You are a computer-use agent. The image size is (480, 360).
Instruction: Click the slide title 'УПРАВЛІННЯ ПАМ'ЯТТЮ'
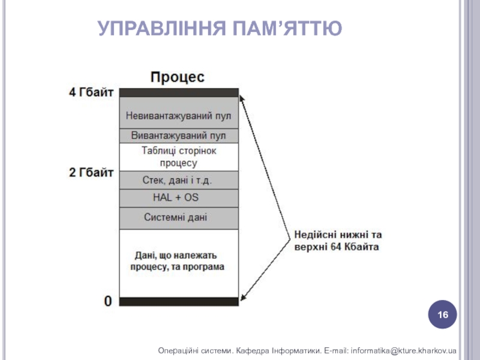[220, 28]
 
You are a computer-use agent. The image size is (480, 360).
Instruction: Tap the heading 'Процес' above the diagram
[177, 77]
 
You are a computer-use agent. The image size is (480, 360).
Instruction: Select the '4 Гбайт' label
[91, 93]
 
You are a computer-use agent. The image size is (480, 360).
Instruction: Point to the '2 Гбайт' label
[91, 173]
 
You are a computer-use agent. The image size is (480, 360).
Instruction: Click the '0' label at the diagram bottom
[108, 301]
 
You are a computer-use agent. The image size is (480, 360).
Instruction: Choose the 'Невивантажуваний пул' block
[179, 115]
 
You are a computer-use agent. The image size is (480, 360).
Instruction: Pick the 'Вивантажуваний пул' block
[179, 136]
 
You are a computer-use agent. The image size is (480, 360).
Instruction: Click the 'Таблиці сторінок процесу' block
[179, 156]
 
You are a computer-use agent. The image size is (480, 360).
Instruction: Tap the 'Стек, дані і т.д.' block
[179, 180]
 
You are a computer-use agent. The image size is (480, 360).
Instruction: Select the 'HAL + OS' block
[179, 198]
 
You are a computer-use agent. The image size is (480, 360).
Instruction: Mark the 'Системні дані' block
[179, 217]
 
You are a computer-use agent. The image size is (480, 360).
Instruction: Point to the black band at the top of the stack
[179, 93]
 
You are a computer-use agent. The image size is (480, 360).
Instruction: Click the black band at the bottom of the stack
[179, 302]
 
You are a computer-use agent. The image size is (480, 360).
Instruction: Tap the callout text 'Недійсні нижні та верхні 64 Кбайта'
[337, 241]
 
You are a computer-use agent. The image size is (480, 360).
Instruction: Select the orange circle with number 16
[443, 315]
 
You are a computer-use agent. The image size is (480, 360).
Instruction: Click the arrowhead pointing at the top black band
[244, 95]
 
